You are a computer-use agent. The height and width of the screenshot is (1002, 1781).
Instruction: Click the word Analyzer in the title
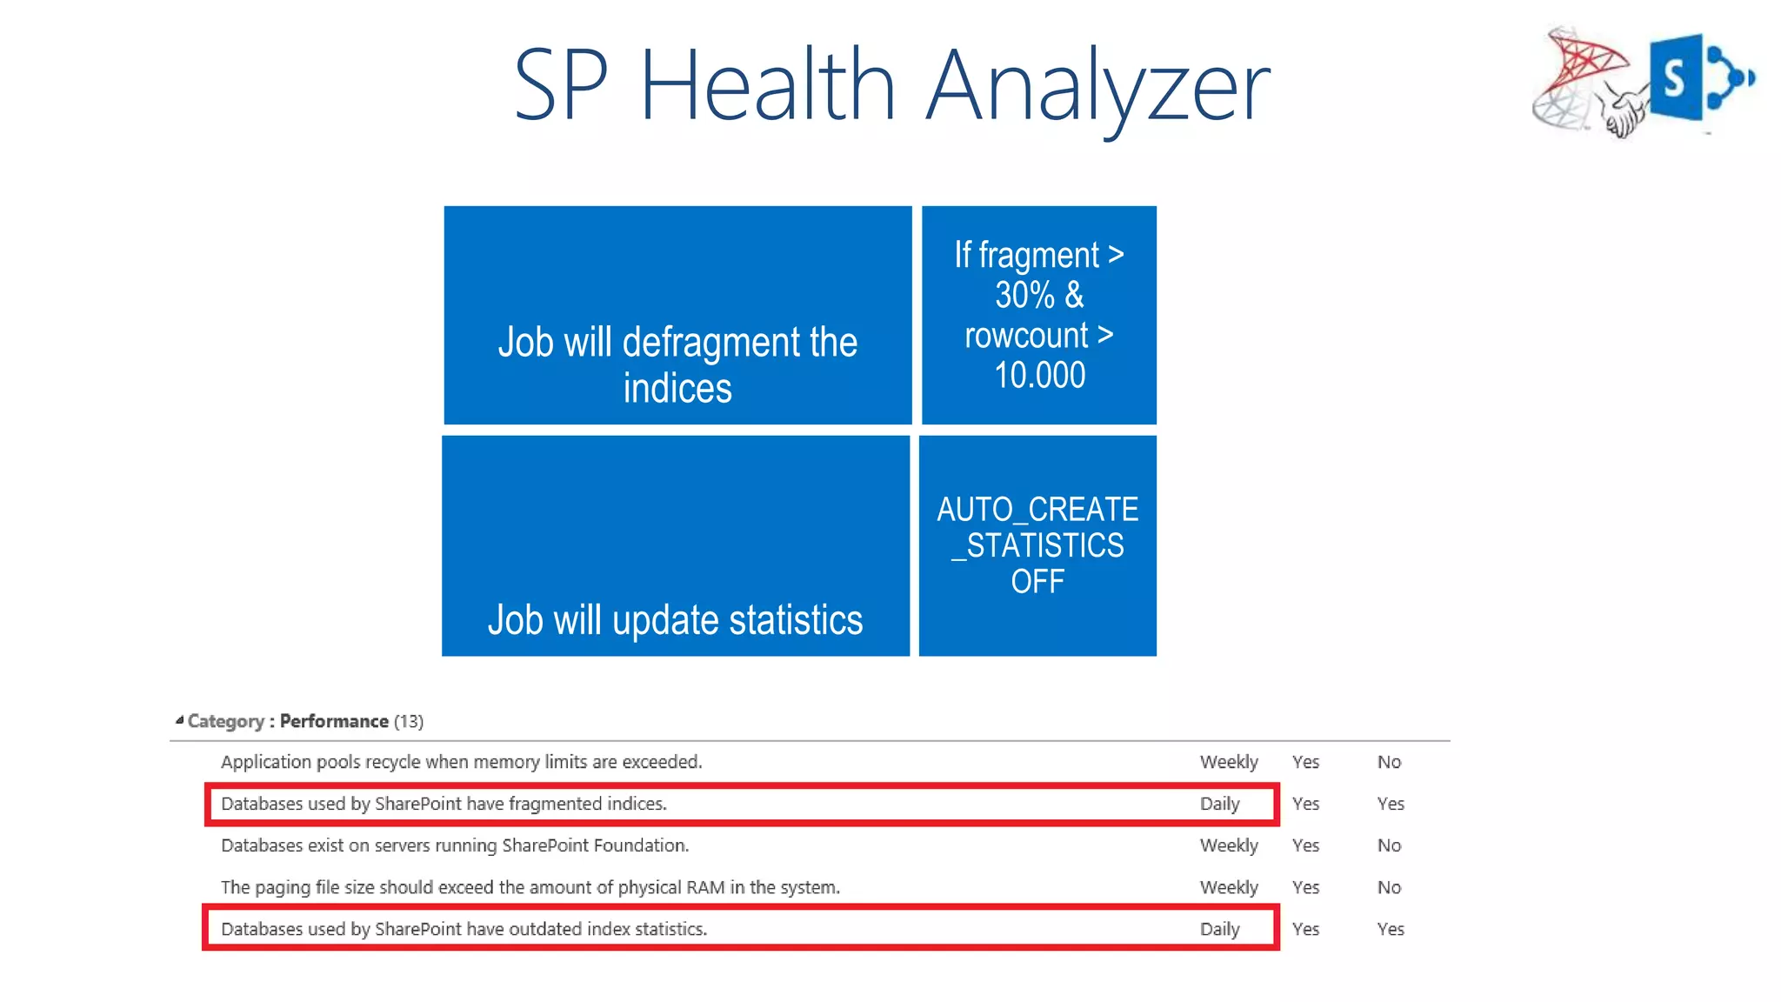point(1097,87)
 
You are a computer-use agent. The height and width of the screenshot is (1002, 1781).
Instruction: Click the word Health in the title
point(767,85)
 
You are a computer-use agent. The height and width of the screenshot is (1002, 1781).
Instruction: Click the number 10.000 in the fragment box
point(1039,376)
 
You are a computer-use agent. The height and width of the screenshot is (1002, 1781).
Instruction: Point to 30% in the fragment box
point(1024,295)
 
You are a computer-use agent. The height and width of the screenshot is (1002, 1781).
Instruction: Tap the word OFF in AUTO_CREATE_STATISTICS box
point(1037,582)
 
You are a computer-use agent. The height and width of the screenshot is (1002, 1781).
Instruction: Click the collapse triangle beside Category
point(179,720)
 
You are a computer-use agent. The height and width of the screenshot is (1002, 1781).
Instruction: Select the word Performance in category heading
point(334,721)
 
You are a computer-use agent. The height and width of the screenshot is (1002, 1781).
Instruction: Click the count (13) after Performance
point(409,721)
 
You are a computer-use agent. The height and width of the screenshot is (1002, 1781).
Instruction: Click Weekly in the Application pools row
point(1229,762)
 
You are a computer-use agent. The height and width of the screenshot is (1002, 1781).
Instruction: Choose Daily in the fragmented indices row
point(1219,804)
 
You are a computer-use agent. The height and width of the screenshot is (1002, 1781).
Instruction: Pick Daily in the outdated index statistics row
point(1219,929)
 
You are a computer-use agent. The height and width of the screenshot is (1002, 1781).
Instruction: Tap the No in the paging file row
point(1389,887)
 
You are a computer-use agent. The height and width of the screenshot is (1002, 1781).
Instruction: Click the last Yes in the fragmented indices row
point(1391,804)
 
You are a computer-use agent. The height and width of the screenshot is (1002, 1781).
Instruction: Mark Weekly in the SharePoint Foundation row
point(1229,845)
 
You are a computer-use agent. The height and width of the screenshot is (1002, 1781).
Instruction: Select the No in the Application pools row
point(1389,762)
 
